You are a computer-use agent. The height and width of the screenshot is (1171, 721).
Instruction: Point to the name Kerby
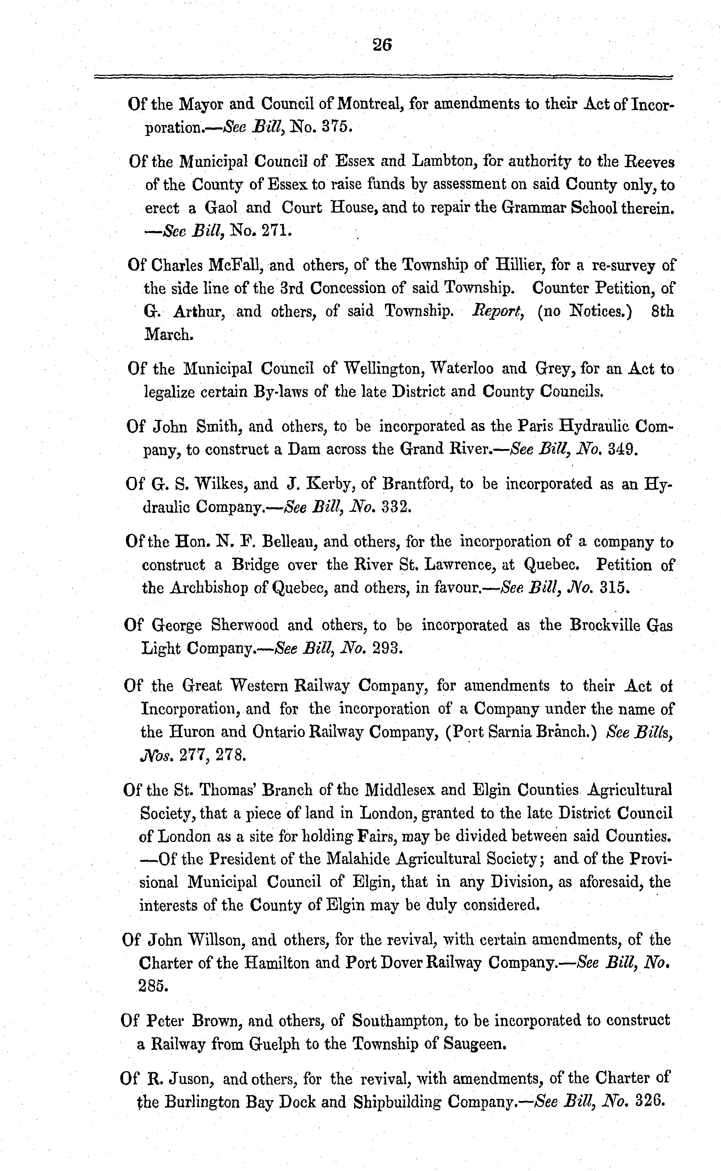point(330,484)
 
